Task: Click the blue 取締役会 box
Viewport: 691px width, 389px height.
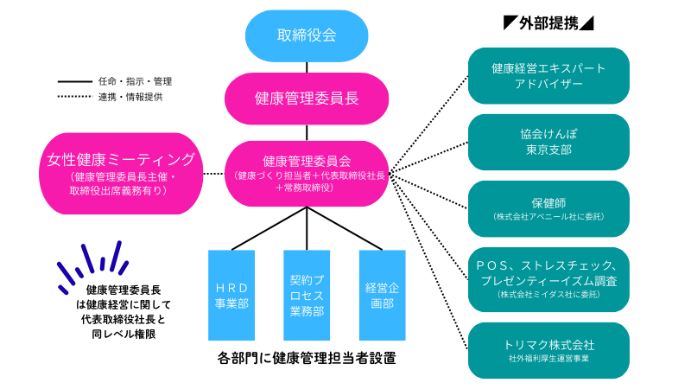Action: [307, 36]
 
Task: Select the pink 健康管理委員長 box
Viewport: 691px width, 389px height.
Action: [307, 99]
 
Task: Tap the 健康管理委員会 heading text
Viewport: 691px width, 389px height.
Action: [307, 162]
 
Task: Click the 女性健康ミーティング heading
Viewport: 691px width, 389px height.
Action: [122, 160]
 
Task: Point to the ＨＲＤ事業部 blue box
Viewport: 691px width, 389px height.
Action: [231, 296]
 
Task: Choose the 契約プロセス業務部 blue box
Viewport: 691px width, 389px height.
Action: [307, 296]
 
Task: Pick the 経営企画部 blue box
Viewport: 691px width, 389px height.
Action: [381, 296]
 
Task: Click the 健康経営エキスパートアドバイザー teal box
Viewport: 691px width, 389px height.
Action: [548, 76]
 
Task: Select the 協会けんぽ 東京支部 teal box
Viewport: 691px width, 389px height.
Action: [548, 142]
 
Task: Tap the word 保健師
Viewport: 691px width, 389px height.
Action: [548, 202]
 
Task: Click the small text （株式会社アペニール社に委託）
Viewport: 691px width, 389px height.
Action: [548, 217]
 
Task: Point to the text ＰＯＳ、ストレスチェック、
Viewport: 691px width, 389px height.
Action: [548, 265]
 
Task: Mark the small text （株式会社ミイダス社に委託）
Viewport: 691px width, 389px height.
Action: [548, 295]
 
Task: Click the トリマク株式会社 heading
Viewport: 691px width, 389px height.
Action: [548, 343]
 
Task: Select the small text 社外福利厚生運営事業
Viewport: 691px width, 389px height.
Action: [548, 358]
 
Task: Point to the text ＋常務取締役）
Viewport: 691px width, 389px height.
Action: [308, 188]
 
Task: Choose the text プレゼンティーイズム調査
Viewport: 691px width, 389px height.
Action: [548, 281]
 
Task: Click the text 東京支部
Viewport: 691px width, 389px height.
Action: [548, 150]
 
